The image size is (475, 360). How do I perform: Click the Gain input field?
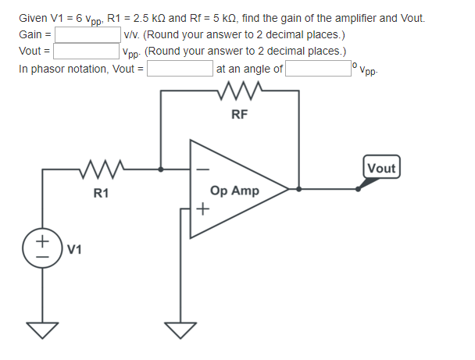coord(87,35)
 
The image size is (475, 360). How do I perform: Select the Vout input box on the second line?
coord(87,52)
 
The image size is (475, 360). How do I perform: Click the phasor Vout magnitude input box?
coord(180,69)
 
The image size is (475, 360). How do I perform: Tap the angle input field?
coord(318,69)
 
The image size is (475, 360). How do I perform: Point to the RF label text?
coord(240,114)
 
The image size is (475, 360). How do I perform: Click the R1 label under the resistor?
coord(101,192)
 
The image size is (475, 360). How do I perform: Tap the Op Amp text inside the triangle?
coord(235,191)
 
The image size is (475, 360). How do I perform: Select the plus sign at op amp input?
coord(202,209)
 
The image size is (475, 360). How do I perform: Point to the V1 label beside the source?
coord(75,250)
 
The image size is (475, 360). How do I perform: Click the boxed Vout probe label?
coord(381,168)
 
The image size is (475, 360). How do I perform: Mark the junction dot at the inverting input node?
coord(161,168)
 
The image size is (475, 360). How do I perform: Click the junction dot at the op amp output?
coord(299,189)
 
